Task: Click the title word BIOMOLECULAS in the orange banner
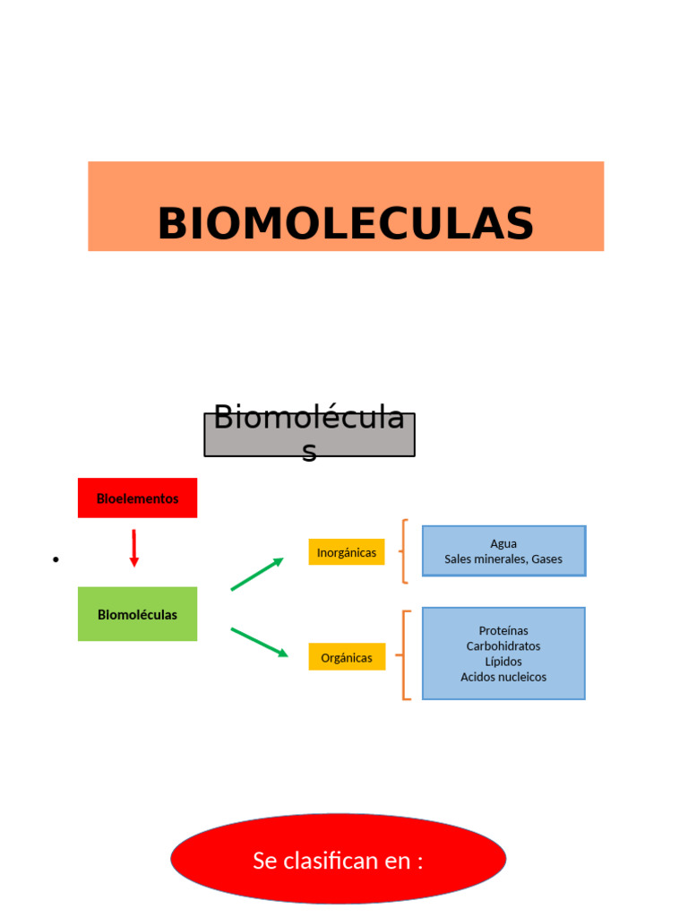click(345, 224)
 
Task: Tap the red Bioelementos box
click(137, 498)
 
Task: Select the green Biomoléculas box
click(137, 615)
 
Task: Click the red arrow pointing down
click(133, 548)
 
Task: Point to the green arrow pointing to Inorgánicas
click(257, 574)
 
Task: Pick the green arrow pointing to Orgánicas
click(259, 642)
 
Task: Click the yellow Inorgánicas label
click(347, 552)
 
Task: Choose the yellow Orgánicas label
click(347, 657)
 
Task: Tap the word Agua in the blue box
click(503, 543)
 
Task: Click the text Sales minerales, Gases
click(503, 559)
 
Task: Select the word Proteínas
click(503, 631)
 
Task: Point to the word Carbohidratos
click(503, 646)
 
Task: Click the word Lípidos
click(503, 662)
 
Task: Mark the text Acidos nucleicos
click(503, 677)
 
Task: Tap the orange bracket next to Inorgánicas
click(405, 551)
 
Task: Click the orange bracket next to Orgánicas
click(405, 655)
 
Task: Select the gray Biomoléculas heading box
click(309, 435)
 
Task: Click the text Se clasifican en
click(338, 861)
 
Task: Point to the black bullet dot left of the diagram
click(56, 560)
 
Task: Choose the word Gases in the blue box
click(546, 559)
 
